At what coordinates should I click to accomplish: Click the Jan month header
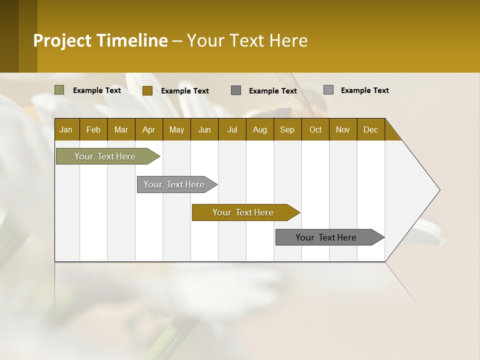click(x=66, y=129)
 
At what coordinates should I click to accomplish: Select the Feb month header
click(x=93, y=129)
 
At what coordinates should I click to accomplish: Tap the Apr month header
click(x=148, y=129)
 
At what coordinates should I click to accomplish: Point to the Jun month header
click(x=204, y=129)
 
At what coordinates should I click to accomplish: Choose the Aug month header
click(x=259, y=129)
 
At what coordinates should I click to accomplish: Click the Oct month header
click(x=315, y=129)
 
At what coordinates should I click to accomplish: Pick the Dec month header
click(x=370, y=129)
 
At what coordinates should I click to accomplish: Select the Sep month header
click(x=287, y=129)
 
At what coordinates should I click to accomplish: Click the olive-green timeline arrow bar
click(x=105, y=156)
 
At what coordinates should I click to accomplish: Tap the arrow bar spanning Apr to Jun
click(x=174, y=184)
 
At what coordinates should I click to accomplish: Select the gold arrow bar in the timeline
click(x=243, y=212)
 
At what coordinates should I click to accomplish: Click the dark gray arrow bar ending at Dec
click(x=326, y=237)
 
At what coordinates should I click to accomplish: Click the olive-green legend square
click(x=59, y=90)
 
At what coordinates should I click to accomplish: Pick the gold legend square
click(x=147, y=90)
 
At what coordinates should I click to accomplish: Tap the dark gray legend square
click(x=236, y=90)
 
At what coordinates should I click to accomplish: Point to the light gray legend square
click(x=328, y=90)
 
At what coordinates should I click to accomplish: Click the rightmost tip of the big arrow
click(x=439, y=189)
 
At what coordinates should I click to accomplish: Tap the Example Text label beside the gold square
click(x=184, y=91)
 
